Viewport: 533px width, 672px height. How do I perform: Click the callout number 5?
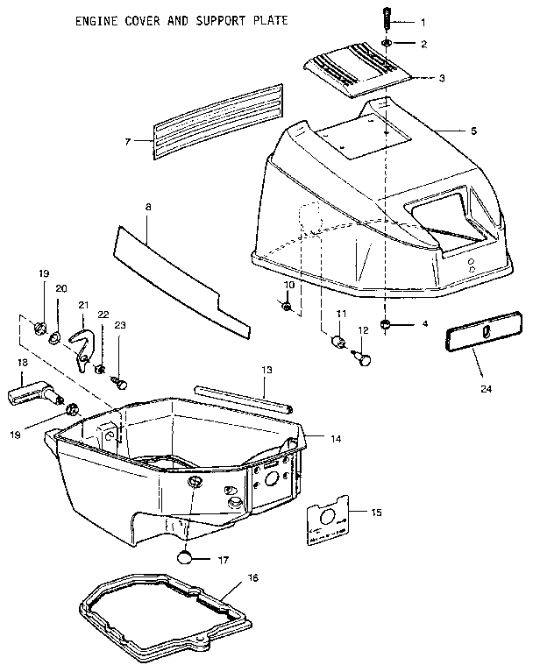point(473,131)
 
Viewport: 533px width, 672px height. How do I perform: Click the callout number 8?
point(147,208)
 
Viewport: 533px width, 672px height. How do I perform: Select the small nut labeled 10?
point(288,306)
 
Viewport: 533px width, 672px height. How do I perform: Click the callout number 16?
point(253,578)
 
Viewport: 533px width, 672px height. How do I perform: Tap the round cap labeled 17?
point(185,556)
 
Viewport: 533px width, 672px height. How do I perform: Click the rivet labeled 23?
point(123,383)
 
